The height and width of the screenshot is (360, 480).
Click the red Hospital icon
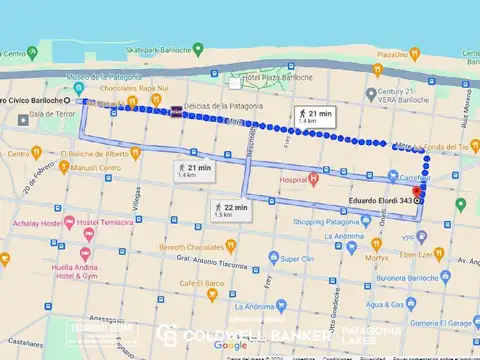(314, 180)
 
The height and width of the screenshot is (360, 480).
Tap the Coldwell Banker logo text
(240, 333)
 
